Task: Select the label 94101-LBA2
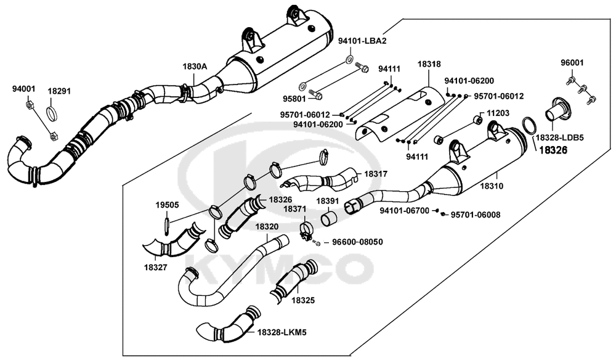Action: click(x=362, y=41)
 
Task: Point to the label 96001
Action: click(x=572, y=63)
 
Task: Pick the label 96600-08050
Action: click(x=354, y=242)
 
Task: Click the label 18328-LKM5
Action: click(x=282, y=332)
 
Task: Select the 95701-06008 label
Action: click(x=476, y=215)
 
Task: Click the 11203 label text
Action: click(x=498, y=113)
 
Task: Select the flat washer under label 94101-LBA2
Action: click(x=349, y=60)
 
